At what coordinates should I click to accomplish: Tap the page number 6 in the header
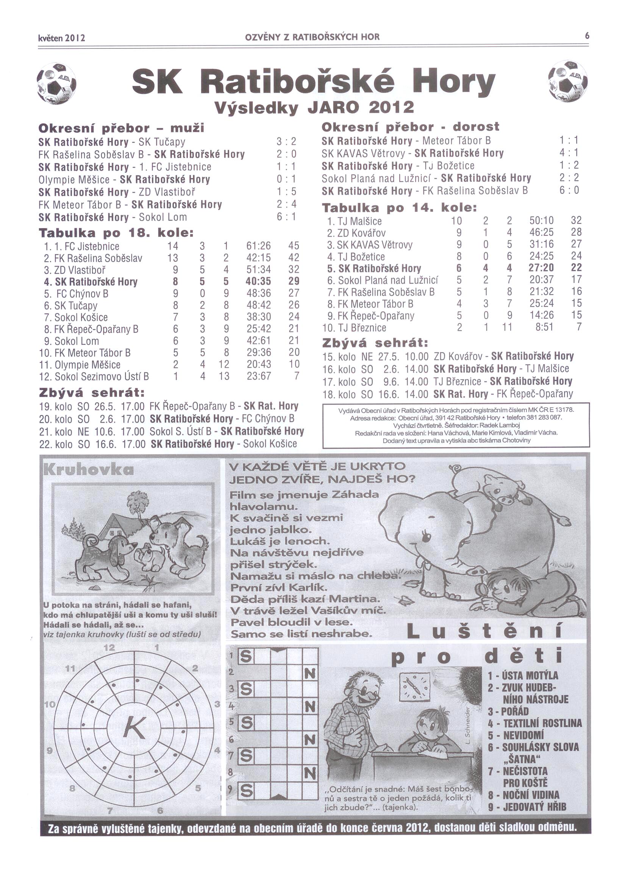coord(586,36)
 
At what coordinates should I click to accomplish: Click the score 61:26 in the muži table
coord(258,246)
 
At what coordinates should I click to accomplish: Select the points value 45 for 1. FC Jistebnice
coord(294,246)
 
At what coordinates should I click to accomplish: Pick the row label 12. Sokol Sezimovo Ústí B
coord(94,377)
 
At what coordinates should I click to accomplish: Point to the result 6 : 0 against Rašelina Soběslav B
coord(569,190)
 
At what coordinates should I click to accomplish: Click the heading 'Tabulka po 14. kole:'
coord(399,207)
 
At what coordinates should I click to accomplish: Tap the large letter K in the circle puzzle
coord(135,728)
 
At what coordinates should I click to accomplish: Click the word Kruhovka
coord(89,469)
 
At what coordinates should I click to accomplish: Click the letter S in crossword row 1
coord(245,657)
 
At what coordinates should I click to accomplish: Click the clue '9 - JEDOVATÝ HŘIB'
coord(527,807)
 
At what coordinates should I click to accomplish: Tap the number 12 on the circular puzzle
coord(109,648)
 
